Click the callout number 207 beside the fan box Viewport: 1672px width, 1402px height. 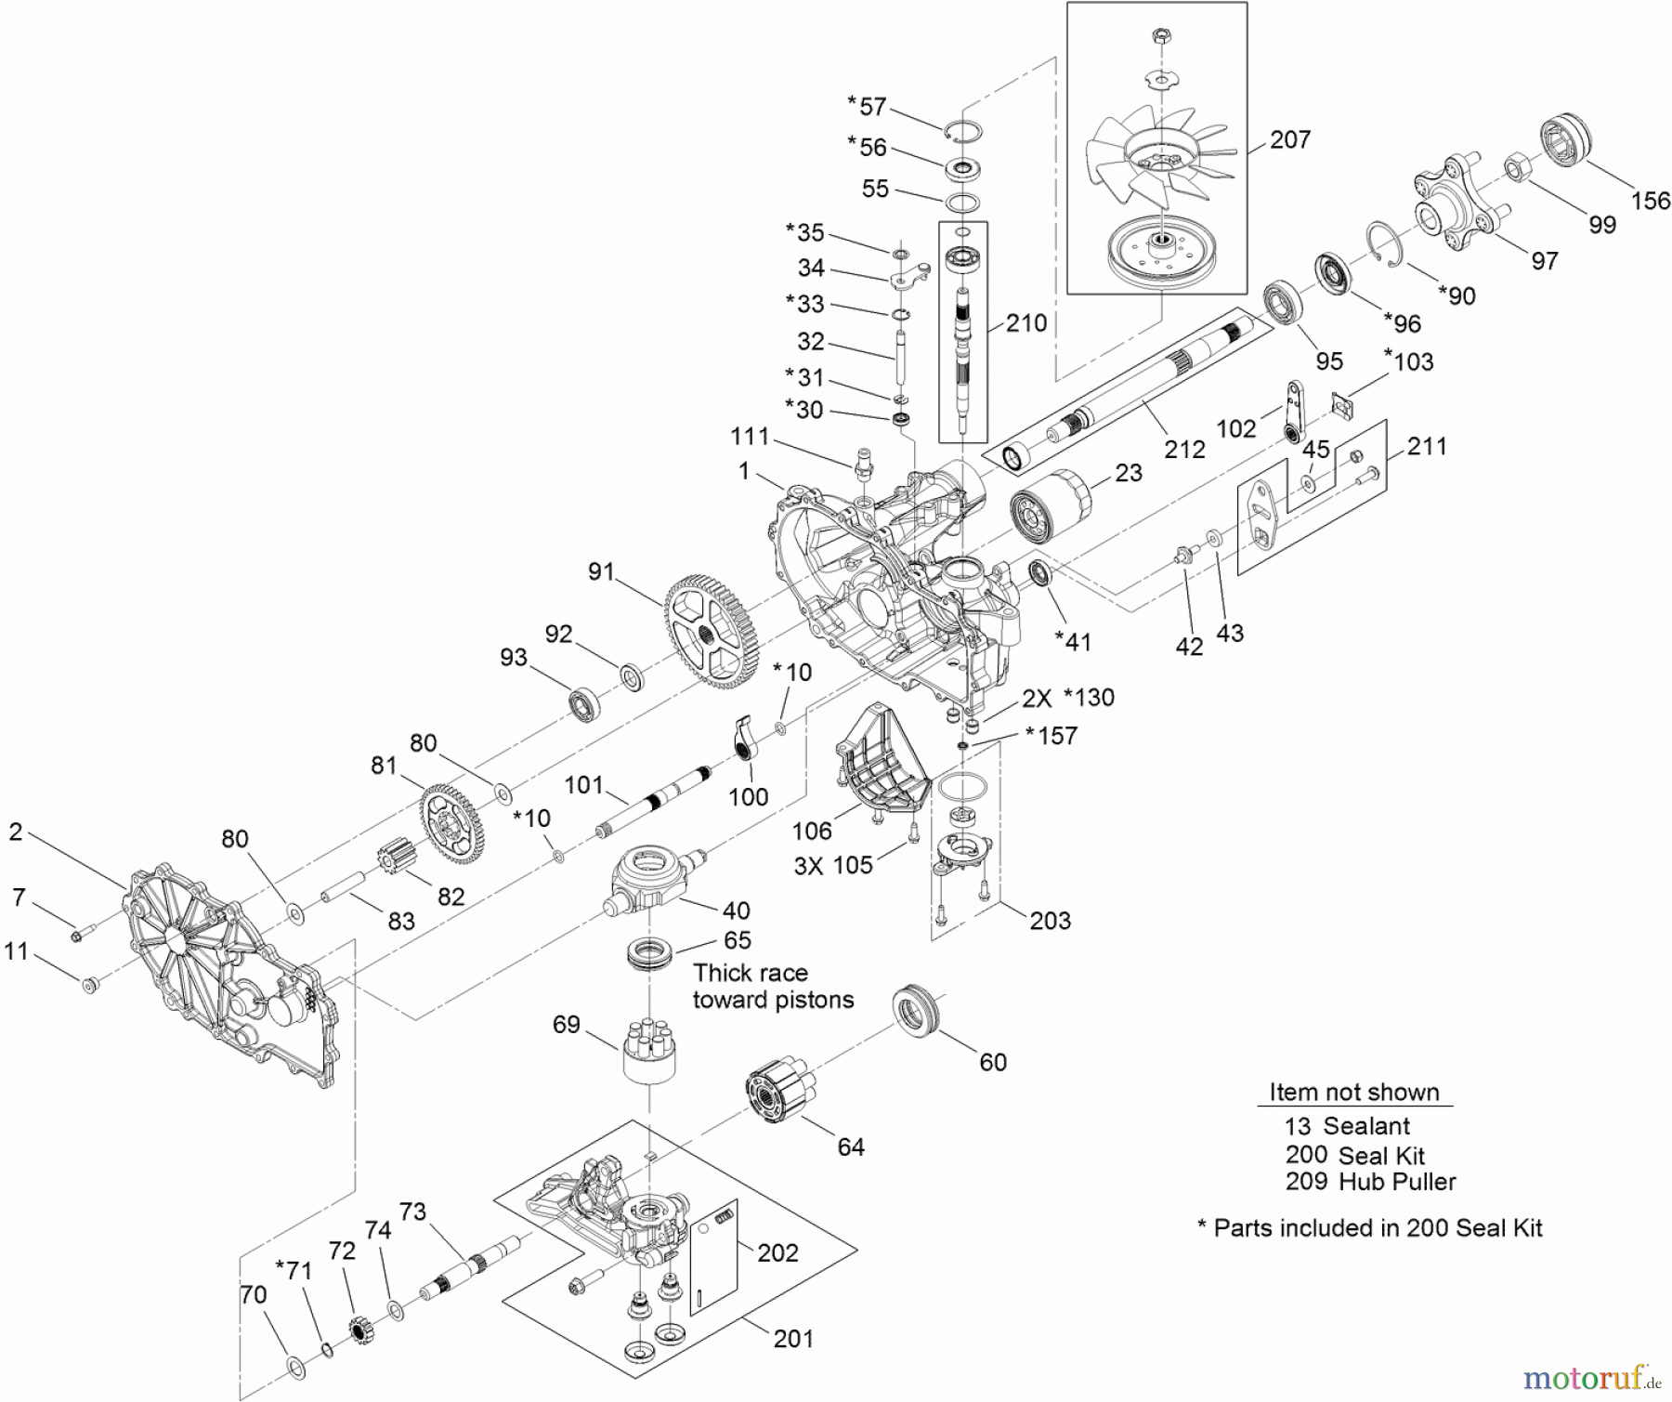[1289, 139]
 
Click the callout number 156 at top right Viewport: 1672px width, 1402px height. [1650, 200]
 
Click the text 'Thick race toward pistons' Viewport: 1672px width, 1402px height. [773, 986]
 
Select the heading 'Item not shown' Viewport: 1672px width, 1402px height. [1353, 1092]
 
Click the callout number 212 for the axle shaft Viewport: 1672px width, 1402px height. [1184, 449]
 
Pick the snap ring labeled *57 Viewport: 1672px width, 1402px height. [963, 131]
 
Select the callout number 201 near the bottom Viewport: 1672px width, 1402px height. [792, 1338]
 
